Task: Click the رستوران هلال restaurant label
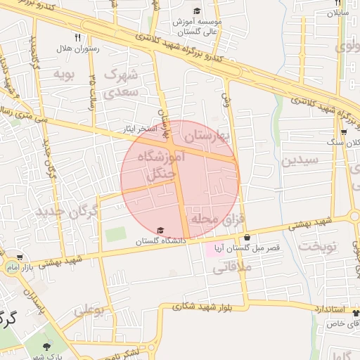[x=77, y=49]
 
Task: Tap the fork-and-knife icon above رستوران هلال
[x=77, y=37]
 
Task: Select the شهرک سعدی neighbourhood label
[x=123, y=82]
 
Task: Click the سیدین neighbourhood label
[x=300, y=160]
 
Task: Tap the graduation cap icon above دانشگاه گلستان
[x=160, y=231]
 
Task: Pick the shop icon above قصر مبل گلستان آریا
[x=247, y=238]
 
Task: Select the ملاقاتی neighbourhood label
[x=226, y=266]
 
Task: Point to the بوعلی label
[x=89, y=309]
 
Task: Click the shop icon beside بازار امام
[x=19, y=258]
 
